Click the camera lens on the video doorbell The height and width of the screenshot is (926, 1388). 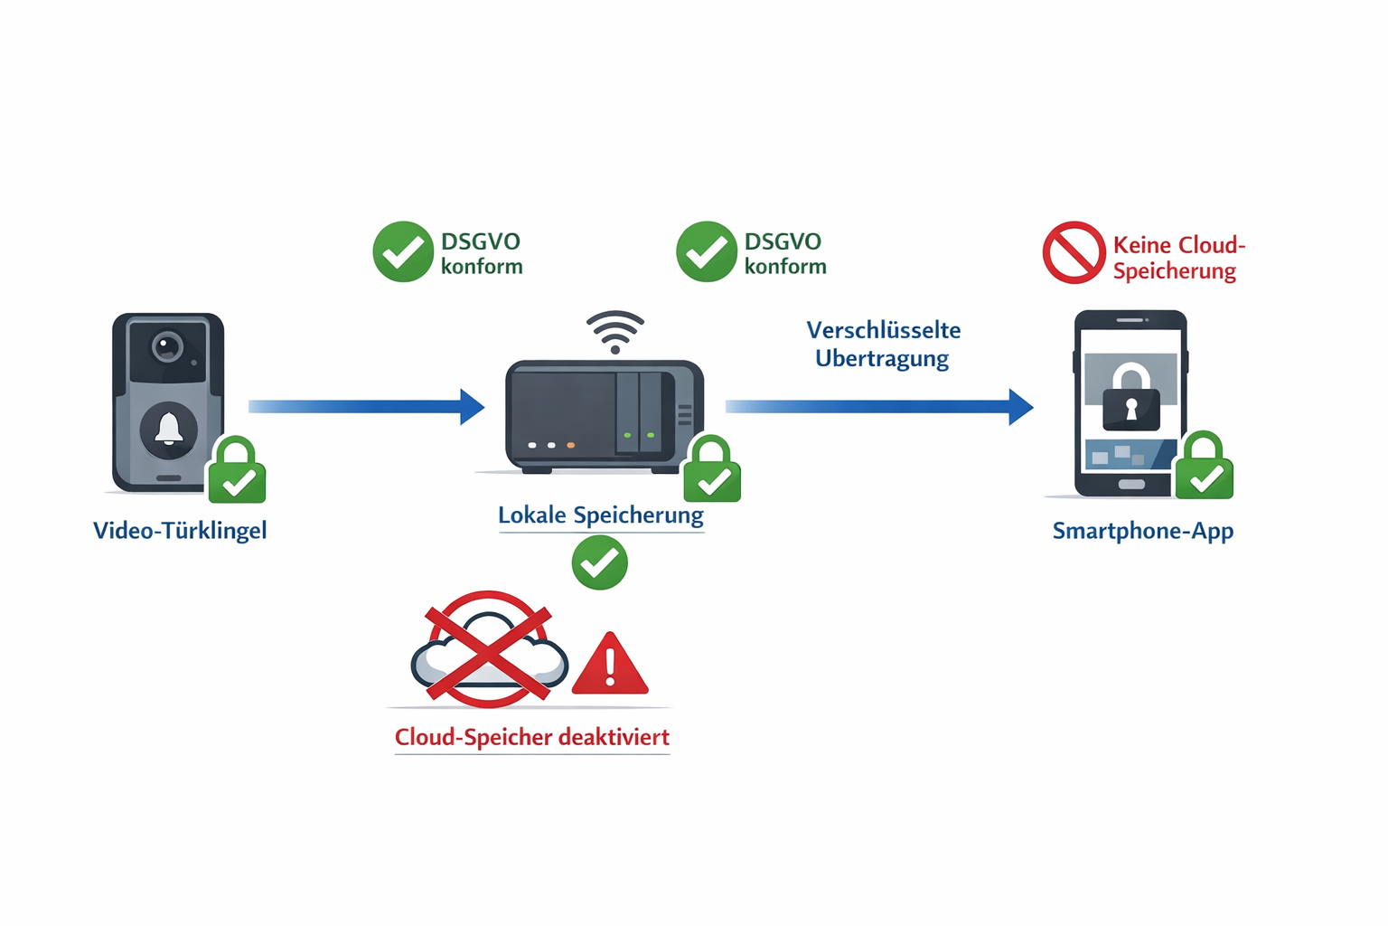click(x=167, y=346)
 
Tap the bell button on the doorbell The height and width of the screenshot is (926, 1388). click(x=169, y=430)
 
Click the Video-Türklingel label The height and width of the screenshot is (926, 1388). click(x=180, y=530)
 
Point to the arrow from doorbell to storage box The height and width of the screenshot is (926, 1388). click(x=366, y=407)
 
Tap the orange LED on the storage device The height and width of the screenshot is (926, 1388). click(x=570, y=446)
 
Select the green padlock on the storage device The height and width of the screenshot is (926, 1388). click(x=712, y=473)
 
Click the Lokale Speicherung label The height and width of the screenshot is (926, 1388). click(x=600, y=515)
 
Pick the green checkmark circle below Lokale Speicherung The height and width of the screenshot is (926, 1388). click(x=599, y=562)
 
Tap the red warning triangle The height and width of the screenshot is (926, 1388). click(x=611, y=666)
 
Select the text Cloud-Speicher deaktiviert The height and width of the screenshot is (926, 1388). click(x=531, y=737)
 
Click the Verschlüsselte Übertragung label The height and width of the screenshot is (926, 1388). click(x=883, y=344)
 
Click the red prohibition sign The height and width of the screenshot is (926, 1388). click(x=1074, y=252)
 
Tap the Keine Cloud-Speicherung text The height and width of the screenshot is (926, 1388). click(x=1177, y=258)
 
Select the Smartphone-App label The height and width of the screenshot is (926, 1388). click(x=1142, y=531)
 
